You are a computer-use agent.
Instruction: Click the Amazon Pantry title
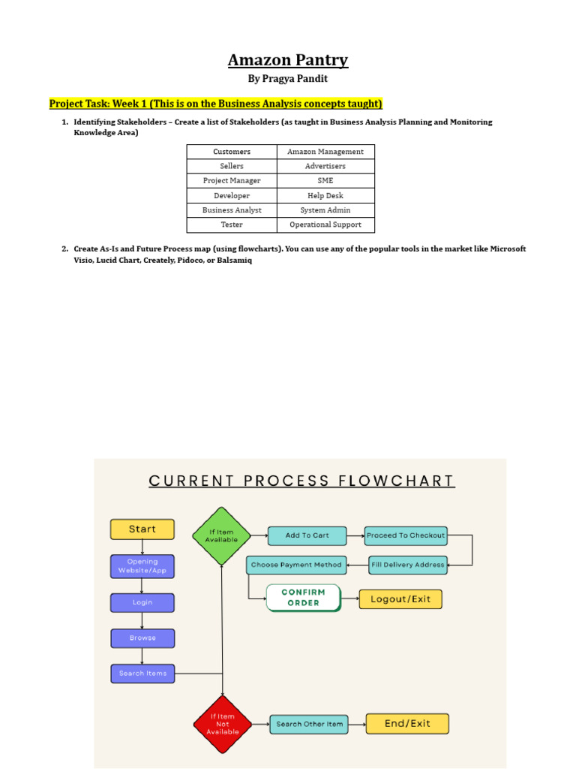pos(288,60)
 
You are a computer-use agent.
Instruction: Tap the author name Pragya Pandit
pos(288,79)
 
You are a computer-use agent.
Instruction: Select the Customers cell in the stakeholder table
pos(232,152)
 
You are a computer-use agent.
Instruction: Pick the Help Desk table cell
pos(325,195)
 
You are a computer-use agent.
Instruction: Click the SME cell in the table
pos(325,181)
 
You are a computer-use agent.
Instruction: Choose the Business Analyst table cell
pos(232,210)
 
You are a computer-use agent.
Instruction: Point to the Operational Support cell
pos(325,225)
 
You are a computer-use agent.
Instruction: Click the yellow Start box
pos(142,529)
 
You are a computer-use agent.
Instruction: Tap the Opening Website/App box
pos(142,566)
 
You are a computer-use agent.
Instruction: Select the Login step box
pos(142,602)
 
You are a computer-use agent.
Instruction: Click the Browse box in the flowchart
pos(142,638)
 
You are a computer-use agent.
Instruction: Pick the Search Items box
pos(142,674)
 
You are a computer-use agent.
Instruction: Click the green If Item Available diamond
pos(222,536)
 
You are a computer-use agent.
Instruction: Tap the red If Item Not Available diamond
pos(223,725)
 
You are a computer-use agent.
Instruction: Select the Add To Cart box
pos(307,535)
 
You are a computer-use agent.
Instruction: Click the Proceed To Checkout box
pos(406,535)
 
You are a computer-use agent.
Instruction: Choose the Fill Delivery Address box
pos(408,565)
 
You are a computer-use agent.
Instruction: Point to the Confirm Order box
pos(303,598)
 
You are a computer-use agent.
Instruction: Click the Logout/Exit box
pos(400,599)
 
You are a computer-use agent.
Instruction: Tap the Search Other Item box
pos(309,724)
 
